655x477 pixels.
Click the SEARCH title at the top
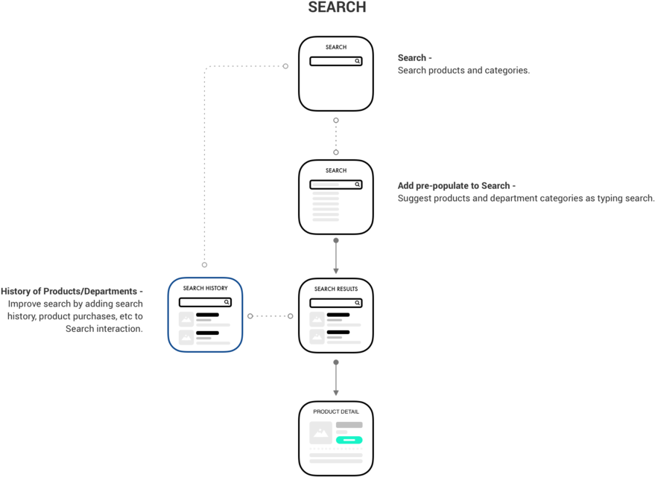coord(337,8)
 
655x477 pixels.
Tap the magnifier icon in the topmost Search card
coord(358,62)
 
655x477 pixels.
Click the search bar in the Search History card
coord(205,302)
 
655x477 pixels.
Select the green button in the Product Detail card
coord(349,440)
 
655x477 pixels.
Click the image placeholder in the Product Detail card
coord(321,432)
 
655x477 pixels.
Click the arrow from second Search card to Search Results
coord(336,256)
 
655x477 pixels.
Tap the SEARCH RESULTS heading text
coord(336,289)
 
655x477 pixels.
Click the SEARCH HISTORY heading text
coord(205,287)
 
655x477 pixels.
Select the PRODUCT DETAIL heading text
coord(336,412)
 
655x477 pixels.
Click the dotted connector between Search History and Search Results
coord(270,316)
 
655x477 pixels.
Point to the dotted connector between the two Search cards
coord(336,135)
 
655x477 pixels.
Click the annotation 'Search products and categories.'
coord(463,71)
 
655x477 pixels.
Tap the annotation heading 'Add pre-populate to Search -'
coord(456,185)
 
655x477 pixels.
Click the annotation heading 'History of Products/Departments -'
coord(72,291)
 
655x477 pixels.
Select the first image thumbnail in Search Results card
coord(317,318)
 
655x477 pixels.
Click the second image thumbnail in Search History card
coord(186,336)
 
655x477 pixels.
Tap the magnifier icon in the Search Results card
coord(358,303)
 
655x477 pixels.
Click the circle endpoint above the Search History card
coord(204,264)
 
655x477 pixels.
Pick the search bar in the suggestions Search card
coord(336,185)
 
